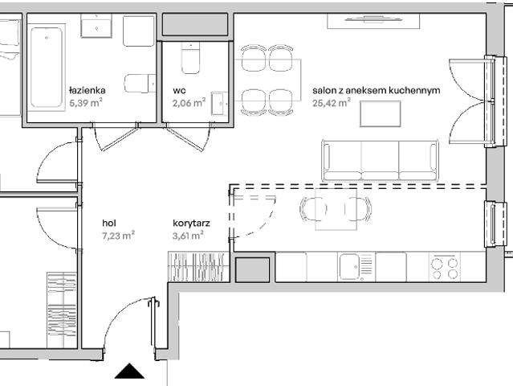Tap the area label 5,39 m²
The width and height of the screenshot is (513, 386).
[85, 104]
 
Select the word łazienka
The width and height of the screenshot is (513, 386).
[87, 91]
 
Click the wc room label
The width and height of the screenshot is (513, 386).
[179, 91]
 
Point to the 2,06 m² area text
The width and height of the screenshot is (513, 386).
[189, 103]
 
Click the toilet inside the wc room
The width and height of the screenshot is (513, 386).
[190, 57]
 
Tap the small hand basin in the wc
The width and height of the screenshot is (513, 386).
[222, 102]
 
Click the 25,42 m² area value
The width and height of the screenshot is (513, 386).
[334, 104]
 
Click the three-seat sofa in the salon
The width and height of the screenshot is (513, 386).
[380, 160]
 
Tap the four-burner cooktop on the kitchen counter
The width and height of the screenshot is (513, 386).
[444, 267]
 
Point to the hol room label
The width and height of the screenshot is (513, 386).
[109, 223]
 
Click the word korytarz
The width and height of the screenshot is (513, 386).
[191, 223]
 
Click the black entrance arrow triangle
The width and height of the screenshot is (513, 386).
[128, 371]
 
